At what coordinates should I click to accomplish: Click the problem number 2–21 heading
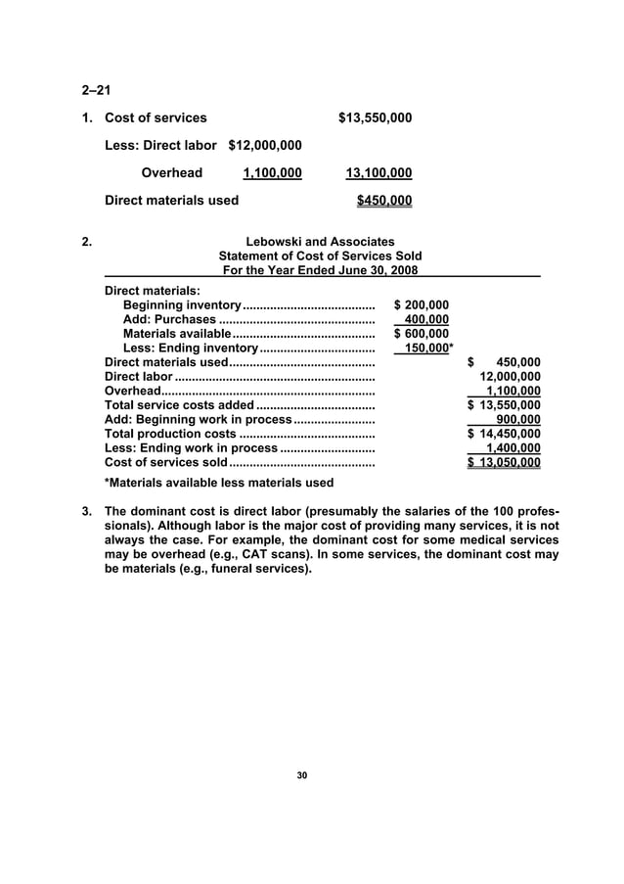[x=95, y=91]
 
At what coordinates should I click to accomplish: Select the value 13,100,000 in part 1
[x=379, y=173]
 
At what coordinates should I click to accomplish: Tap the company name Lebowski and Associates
[x=321, y=242]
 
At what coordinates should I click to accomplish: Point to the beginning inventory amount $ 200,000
[x=421, y=305]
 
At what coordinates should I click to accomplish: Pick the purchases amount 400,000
[x=426, y=319]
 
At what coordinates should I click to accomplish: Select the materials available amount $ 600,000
[x=421, y=334]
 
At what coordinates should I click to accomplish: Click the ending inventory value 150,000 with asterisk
[x=428, y=349]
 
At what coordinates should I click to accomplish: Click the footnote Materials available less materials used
[x=218, y=483]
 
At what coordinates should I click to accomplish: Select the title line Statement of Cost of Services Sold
[x=321, y=256]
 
